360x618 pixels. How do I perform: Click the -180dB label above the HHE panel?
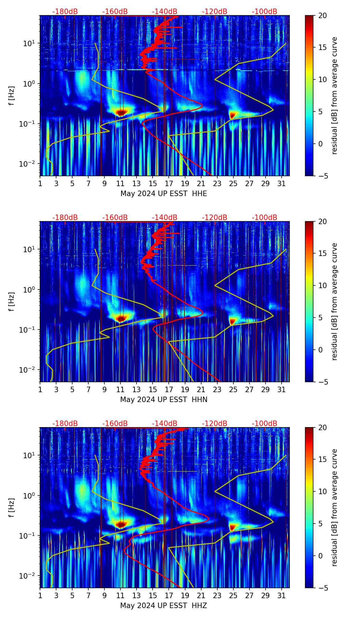[65, 12]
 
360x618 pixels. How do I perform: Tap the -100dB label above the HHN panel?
[265, 218]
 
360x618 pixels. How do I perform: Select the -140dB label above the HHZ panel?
[165, 424]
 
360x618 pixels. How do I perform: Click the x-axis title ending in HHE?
[164, 194]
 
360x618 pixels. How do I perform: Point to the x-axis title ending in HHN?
[164, 400]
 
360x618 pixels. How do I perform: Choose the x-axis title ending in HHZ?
[164, 606]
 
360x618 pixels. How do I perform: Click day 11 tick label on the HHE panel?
[120, 184]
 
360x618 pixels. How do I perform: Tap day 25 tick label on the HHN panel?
[233, 390]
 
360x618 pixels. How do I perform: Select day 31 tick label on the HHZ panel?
[281, 596]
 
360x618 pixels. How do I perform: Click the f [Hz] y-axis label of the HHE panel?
[12, 96]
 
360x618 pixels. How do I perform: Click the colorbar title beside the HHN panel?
[334, 301]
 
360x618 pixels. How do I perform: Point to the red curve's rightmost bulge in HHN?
[202, 312]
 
